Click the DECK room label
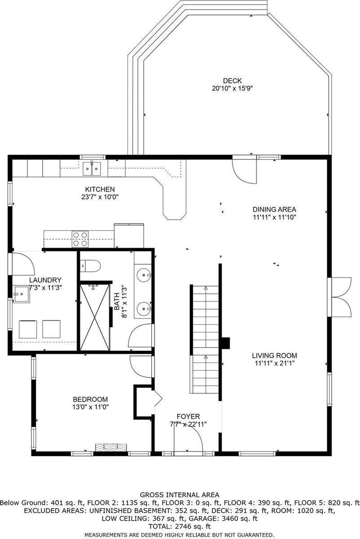pos(232,80)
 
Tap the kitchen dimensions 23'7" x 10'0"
pos(100,197)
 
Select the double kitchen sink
pos(92,169)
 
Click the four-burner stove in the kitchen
pos(80,239)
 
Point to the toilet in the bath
pos(90,266)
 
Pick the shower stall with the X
pos(95,317)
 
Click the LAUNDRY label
pos(45,280)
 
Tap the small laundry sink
pos(22,294)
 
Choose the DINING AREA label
pos(274,209)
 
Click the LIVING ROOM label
pos(274,355)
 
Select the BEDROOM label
pos(90,399)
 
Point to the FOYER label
pos(188,416)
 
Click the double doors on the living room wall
pos(339,297)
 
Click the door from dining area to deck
pos(244,170)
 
